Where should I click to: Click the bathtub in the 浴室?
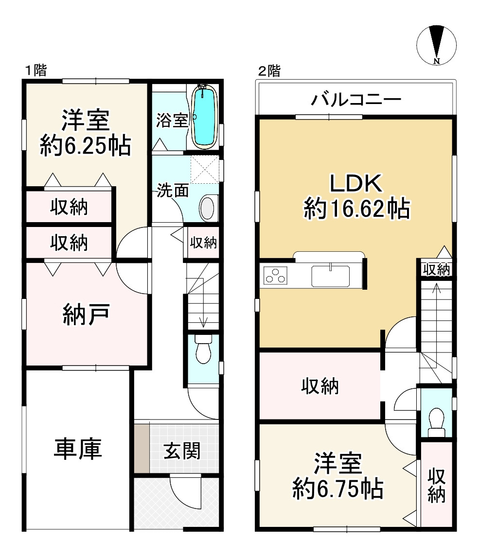(204, 117)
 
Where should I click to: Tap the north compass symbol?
(436, 45)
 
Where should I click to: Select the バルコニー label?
(356, 100)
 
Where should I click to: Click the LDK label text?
(356, 183)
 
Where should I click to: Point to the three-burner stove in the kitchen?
(275, 275)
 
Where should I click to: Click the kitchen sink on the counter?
(331, 276)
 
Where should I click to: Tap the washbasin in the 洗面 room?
(208, 208)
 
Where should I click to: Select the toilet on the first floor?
(203, 349)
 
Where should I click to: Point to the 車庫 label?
(78, 449)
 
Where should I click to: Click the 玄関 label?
(182, 451)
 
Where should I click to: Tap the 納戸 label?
(86, 314)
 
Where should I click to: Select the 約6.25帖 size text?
(86, 145)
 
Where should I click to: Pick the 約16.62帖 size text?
(356, 209)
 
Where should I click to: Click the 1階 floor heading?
(35, 70)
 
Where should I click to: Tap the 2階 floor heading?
(269, 71)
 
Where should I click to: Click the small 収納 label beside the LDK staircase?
(436, 270)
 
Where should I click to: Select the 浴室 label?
(172, 120)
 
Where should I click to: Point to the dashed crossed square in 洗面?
(204, 169)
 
